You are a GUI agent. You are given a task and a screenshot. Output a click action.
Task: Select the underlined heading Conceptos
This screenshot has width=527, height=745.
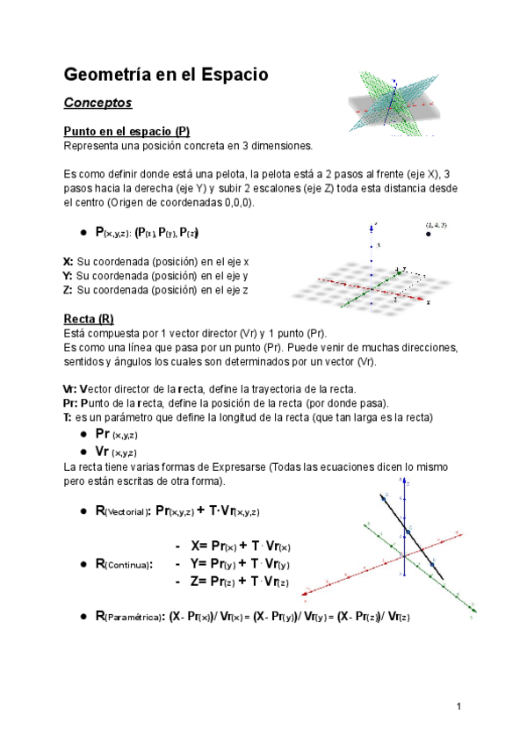coord(97,104)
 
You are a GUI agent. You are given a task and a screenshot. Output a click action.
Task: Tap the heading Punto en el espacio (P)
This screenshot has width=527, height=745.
coord(126,131)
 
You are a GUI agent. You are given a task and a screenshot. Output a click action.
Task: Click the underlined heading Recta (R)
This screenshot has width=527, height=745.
coord(89,318)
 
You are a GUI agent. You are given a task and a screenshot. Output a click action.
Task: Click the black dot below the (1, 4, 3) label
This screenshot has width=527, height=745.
coord(428,235)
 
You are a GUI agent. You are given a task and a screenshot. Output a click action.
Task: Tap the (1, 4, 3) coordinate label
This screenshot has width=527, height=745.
coord(435,225)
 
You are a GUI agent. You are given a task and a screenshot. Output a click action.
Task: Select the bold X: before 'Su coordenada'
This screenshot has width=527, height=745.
coord(69,262)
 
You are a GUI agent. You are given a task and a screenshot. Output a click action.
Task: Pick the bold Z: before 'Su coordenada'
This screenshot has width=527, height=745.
coord(69,290)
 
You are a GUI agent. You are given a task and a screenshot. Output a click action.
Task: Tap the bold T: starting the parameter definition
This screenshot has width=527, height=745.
coord(68,416)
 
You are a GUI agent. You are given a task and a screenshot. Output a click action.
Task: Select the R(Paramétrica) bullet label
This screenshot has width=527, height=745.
coord(126,617)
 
